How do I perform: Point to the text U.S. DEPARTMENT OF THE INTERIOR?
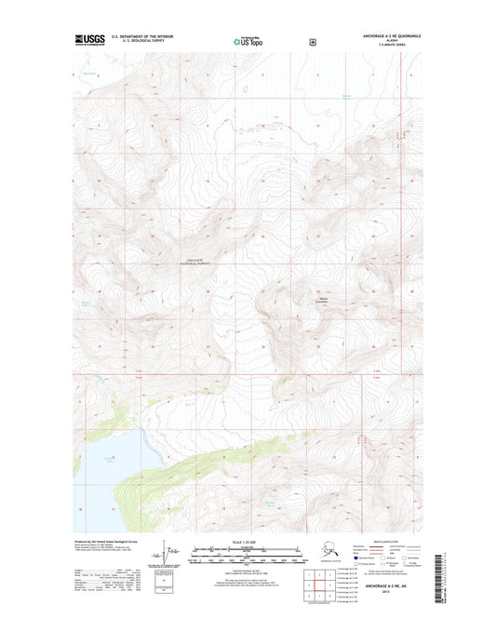(142, 37)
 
